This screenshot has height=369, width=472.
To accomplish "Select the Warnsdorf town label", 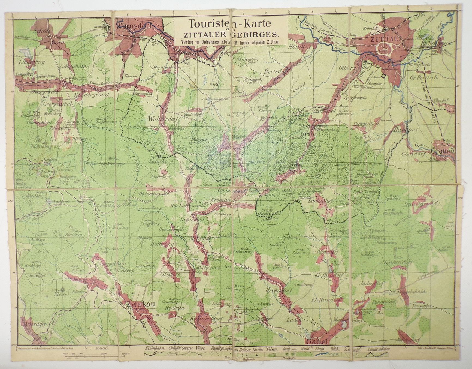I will (x=130, y=26).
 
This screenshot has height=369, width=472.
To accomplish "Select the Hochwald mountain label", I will (x=269, y=214).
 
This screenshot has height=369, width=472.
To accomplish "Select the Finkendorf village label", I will (x=398, y=262).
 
